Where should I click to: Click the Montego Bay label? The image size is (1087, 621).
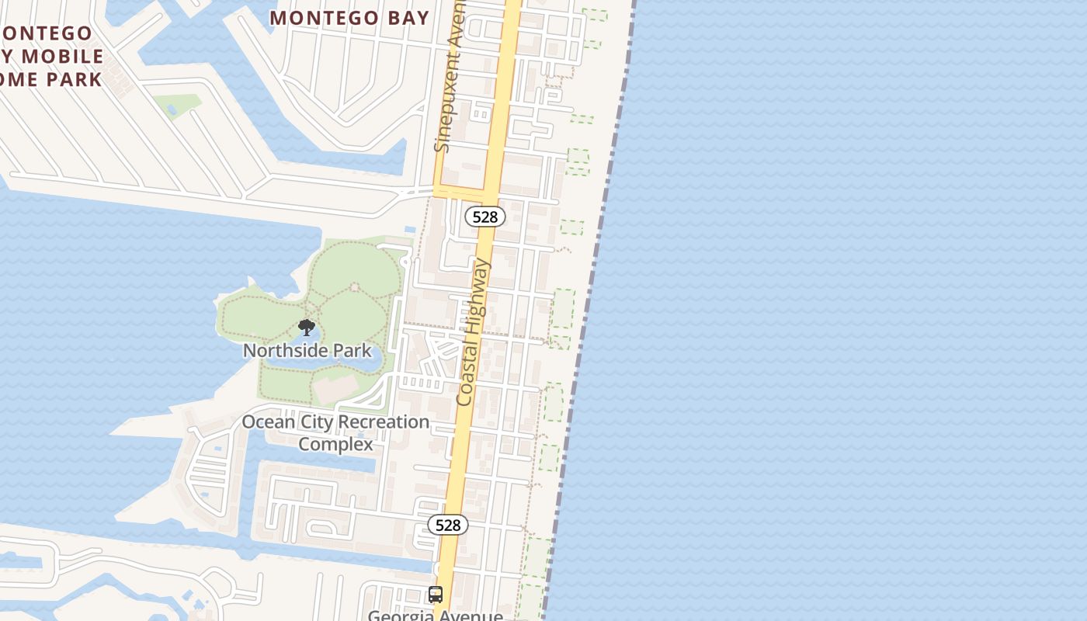(x=349, y=18)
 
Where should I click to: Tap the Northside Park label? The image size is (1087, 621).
(x=307, y=351)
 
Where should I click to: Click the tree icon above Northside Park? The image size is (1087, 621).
(x=307, y=328)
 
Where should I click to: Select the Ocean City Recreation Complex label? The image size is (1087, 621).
(x=335, y=433)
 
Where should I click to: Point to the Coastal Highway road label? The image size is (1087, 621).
(x=474, y=332)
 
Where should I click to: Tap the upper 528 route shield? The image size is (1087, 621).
(x=485, y=217)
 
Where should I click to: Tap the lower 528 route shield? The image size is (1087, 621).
(x=448, y=525)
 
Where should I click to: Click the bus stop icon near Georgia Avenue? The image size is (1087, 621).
(x=436, y=595)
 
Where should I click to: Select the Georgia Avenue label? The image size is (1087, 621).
(x=435, y=616)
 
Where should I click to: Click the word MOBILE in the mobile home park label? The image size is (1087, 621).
(x=63, y=56)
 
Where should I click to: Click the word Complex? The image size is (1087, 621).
(x=335, y=445)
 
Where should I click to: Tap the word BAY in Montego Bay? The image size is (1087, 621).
(x=402, y=18)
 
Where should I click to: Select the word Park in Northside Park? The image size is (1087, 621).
(x=352, y=351)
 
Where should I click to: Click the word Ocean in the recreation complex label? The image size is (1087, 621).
(x=268, y=422)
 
